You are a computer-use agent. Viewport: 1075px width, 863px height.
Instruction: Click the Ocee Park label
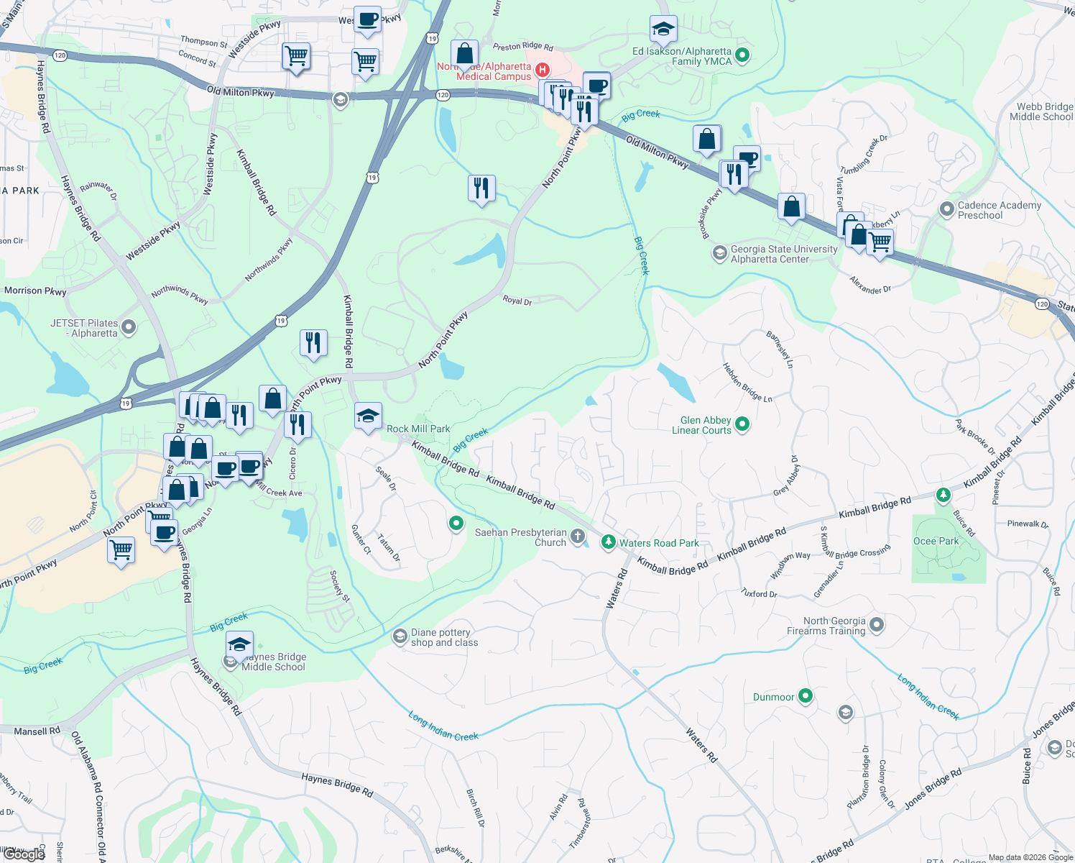click(936, 542)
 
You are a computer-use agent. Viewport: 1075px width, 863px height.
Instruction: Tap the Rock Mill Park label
click(418, 429)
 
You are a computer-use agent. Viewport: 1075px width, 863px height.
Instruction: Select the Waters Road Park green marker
click(609, 542)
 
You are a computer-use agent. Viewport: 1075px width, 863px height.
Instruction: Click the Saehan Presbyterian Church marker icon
click(578, 536)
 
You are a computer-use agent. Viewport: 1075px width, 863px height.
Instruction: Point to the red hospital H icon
click(543, 70)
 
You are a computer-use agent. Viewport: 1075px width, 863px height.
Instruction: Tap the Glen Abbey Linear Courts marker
click(742, 424)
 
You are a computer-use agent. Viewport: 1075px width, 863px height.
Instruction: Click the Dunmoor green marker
click(806, 695)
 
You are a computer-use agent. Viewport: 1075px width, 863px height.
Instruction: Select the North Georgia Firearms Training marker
click(877, 625)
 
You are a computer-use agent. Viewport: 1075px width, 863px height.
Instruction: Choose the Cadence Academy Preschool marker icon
click(946, 209)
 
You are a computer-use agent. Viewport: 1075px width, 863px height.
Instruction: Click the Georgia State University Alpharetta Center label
click(784, 254)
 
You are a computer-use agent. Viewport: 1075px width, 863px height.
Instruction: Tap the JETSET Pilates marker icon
click(129, 328)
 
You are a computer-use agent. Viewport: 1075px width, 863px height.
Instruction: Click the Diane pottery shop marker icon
click(400, 636)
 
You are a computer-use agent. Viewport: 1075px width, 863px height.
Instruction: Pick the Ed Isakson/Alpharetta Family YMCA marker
click(743, 55)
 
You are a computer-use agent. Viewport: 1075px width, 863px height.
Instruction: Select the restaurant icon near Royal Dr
click(481, 188)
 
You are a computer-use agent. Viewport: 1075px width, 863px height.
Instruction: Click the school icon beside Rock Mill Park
click(368, 416)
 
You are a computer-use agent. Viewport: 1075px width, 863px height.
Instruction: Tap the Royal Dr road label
click(517, 301)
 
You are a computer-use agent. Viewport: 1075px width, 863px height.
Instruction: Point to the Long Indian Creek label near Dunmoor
click(928, 696)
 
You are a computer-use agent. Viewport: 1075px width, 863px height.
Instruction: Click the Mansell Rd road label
click(37, 731)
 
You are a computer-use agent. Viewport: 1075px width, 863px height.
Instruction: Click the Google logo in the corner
click(24, 854)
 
